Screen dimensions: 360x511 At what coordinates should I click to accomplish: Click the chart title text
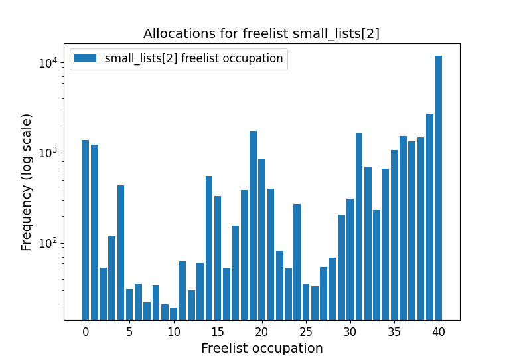(261, 33)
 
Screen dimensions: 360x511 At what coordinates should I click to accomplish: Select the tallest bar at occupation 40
(438, 186)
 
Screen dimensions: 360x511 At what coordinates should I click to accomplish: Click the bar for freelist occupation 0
(85, 229)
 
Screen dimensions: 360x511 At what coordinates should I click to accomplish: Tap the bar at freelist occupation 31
(359, 226)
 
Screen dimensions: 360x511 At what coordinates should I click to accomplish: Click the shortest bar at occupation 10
(174, 314)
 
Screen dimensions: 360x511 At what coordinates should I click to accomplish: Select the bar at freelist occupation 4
(121, 252)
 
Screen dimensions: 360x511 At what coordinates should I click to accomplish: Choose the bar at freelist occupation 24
(297, 262)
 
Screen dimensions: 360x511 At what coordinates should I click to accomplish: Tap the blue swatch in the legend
(85, 58)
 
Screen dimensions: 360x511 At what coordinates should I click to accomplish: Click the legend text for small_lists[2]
(194, 58)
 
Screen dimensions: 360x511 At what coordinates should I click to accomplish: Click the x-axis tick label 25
(306, 331)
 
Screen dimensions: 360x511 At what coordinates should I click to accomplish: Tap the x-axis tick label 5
(129, 331)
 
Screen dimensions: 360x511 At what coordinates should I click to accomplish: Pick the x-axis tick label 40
(438, 331)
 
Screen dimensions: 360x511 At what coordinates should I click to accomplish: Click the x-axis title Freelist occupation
(261, 348)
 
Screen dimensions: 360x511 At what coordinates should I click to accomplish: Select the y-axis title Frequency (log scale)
(27, 182)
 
